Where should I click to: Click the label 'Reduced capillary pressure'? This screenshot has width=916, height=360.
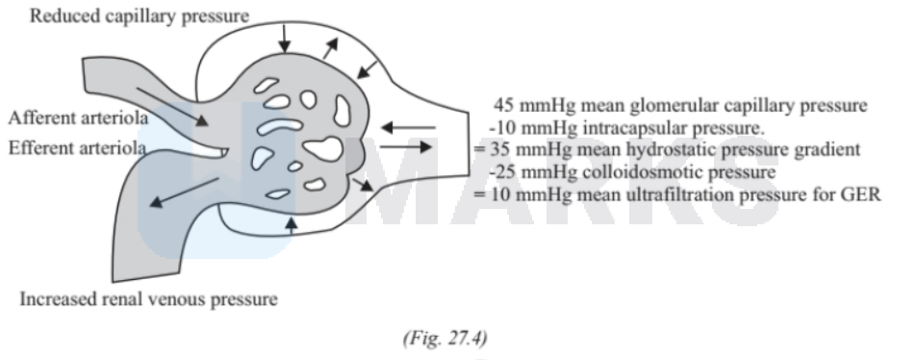(x=139, y=16)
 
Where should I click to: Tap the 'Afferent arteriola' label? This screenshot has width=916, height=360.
(x=78, y=118)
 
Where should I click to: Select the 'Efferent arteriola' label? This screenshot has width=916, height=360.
(x=77, y=148)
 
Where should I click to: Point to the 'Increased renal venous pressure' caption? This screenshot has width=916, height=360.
(x=149, y=299)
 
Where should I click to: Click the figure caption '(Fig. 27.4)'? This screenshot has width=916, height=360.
(x=445, y=338)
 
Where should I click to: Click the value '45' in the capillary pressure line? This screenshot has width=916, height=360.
(x=504, y=106)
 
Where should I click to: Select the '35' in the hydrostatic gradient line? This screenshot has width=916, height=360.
(x=500, y=149)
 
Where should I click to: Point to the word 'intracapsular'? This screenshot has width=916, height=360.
(x=632, y=127)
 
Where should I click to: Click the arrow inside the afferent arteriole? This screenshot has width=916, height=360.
(x=171, y=106)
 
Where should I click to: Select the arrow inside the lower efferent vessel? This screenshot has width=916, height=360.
(x=185, y=193)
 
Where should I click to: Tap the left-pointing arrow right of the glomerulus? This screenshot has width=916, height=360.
(x=408, y=127)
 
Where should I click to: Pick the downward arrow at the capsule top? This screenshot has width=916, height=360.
(x=285, y=39)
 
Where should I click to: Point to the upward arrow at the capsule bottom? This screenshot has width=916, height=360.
(x=292, y=225)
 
